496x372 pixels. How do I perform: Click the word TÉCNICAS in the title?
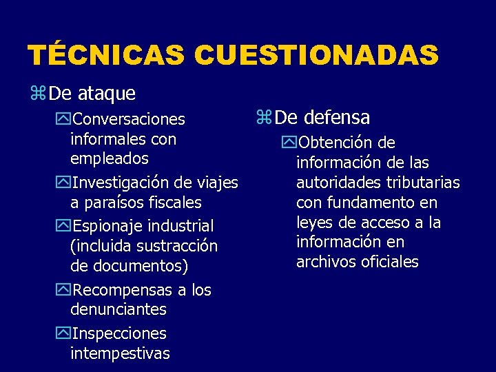click(106, 56)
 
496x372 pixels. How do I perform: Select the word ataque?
click(107, 92)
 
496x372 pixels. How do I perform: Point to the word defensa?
click(340, 117)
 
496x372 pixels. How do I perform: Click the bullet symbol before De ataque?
click(38, 93)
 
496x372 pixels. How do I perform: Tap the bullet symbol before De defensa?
click(263, 118)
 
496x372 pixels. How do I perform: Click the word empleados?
click(110, 158)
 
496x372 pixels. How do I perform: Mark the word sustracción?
click(178, 246)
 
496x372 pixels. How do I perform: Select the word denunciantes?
click(118, 310)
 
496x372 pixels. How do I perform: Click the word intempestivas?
click(120, 353)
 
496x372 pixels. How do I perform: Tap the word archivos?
click(324, 262)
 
